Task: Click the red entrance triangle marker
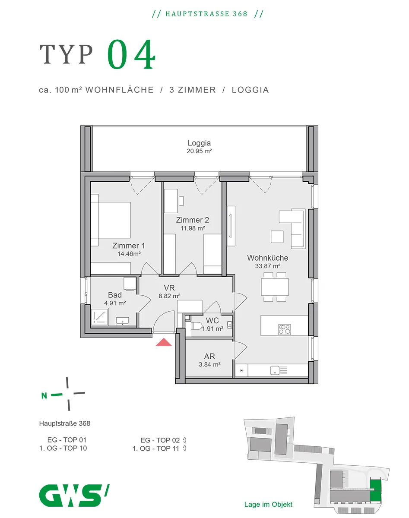[x=164, y=342]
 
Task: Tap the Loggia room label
[x=199, y=143]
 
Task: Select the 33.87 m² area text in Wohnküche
[x=268, y=266]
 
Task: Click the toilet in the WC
[x=196, y=326]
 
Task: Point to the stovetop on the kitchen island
[x=285, y=329]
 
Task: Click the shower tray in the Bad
[x=99, y=317]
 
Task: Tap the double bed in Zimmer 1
[x=111, y=220]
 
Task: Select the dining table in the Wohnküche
[x=275, y=287]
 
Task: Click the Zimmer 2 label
[x=193, y=220]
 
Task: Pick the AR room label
[x=209, y=356]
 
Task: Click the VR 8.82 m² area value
[x=169, y=296]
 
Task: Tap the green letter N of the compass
[x=44, y=396]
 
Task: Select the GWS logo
[x=74, y=496]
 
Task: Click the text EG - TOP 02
[x=160, y=440]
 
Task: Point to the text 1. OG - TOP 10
[x=63, y=448]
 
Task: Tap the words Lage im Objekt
[x=268, y=504]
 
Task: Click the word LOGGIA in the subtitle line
[x=250, y=90]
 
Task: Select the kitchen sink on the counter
[x=275, y=370]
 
